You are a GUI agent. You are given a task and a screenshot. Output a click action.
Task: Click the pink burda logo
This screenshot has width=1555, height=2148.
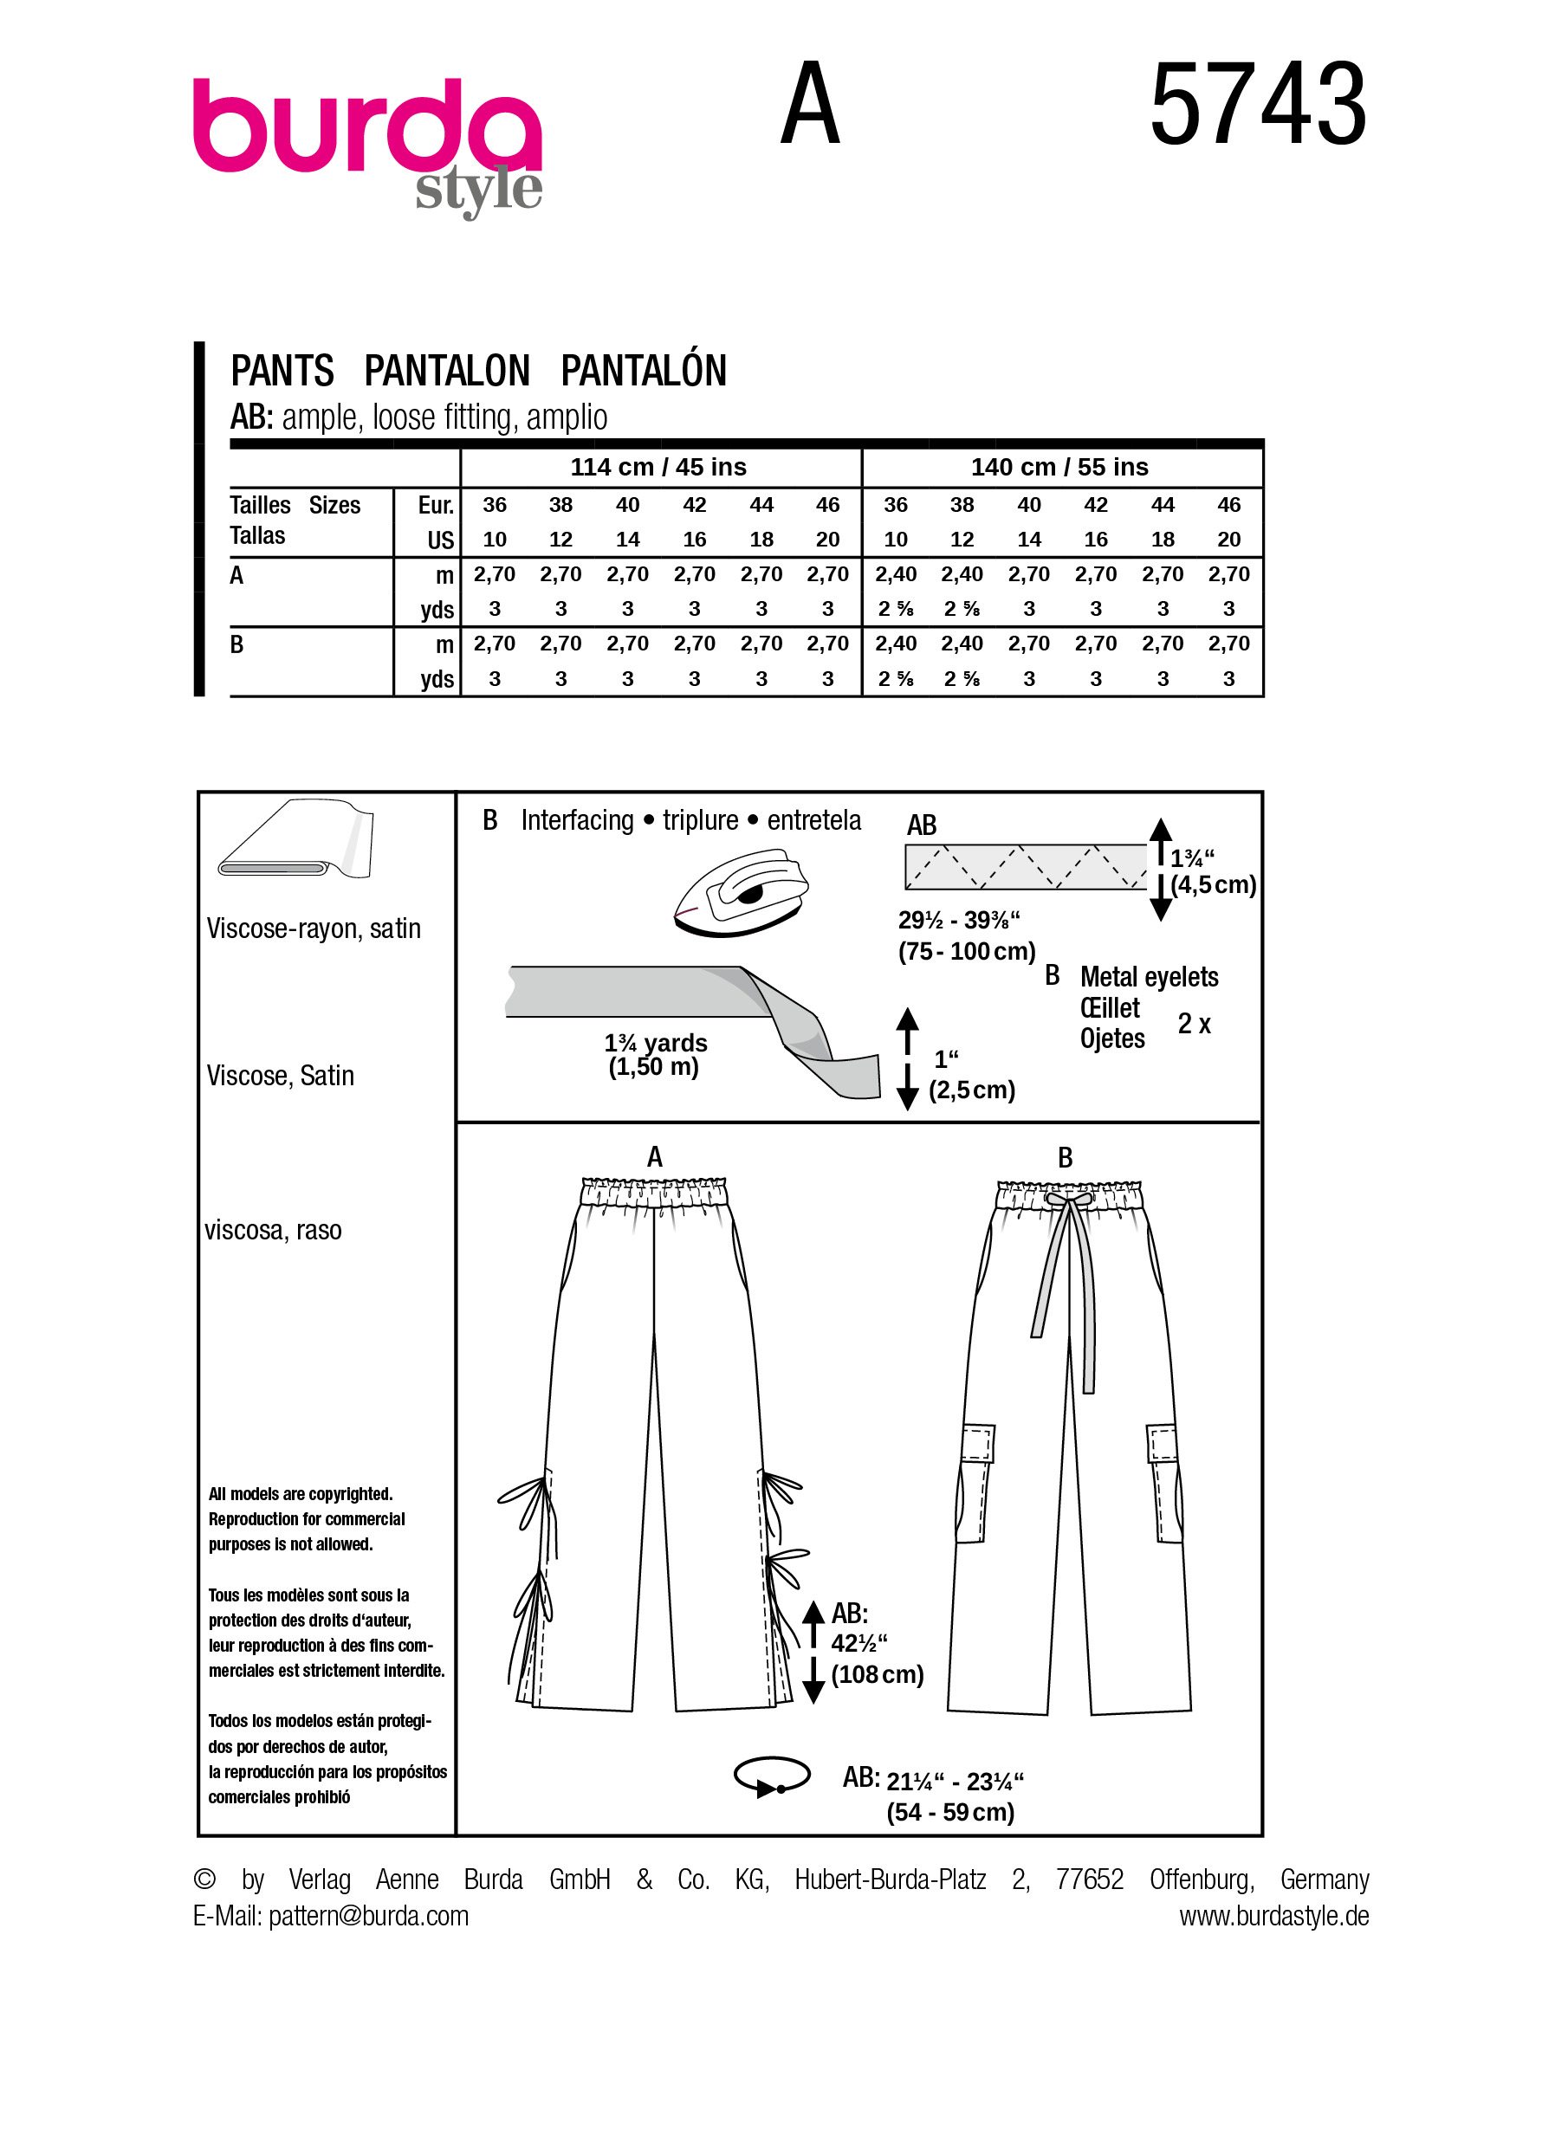366,127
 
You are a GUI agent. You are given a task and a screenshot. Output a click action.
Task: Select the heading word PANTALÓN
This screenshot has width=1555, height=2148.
643,371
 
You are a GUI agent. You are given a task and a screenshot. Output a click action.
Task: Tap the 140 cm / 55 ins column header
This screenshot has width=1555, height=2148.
1059,467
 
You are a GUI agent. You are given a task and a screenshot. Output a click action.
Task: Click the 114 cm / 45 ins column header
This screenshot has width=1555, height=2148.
658,467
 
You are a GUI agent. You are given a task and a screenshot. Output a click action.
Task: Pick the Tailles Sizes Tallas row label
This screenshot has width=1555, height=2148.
295,520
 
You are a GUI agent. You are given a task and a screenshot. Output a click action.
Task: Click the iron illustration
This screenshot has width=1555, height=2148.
742,893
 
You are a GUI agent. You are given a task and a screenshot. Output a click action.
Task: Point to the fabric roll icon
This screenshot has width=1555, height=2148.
296,839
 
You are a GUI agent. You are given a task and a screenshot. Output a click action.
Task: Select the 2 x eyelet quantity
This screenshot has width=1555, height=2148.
1193,1024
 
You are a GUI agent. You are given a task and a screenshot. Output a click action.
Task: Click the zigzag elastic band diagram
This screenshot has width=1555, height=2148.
1025,867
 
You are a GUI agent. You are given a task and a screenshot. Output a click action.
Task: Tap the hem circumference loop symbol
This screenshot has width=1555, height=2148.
772,1776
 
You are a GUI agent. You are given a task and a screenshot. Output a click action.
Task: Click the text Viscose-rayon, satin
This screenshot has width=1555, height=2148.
314,928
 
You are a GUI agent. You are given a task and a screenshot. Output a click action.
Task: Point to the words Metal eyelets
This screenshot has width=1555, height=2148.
1149,976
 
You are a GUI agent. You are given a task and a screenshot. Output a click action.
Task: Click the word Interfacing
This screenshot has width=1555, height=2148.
577,820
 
